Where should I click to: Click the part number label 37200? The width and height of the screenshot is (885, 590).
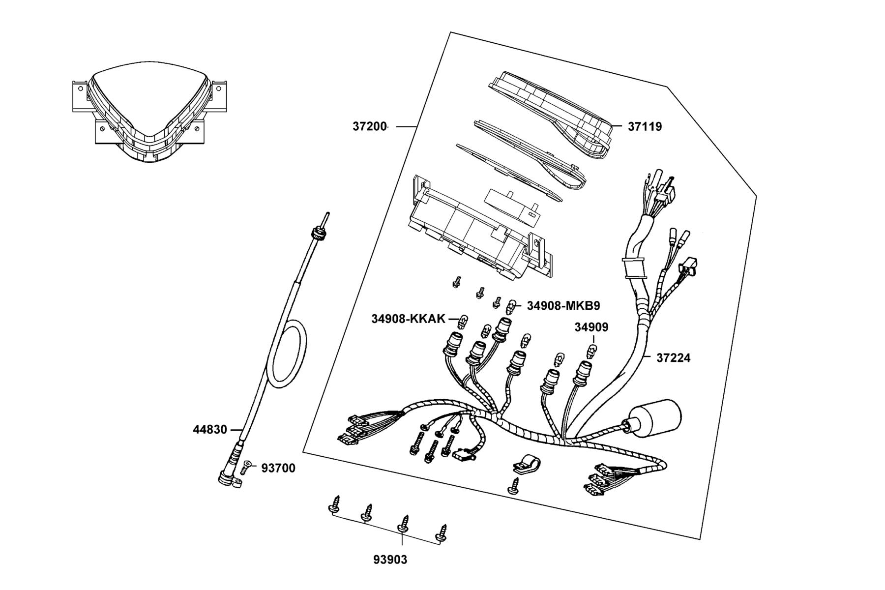(x=370, y=126)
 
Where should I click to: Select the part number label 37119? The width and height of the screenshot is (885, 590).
(x=645, y=127)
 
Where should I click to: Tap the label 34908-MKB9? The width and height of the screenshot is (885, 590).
(x=563, y=306)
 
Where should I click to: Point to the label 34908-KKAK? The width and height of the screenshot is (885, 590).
(x=408, y=319)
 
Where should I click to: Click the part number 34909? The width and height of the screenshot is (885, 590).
(x=591, y=327)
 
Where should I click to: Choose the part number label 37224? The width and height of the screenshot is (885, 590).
(x=673, y=358)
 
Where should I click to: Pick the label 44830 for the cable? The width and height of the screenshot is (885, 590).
(x=210, y=430)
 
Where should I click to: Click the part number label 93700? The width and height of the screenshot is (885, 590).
(x=278, y=469)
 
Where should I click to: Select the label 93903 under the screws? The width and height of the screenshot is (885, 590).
(x=390, y=560)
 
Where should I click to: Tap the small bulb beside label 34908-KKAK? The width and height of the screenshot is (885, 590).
(x=462, y=322)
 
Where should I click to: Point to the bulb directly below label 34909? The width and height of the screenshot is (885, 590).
(x=593, y=352)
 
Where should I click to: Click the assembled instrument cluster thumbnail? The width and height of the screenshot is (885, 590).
(x=147, y=111)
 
